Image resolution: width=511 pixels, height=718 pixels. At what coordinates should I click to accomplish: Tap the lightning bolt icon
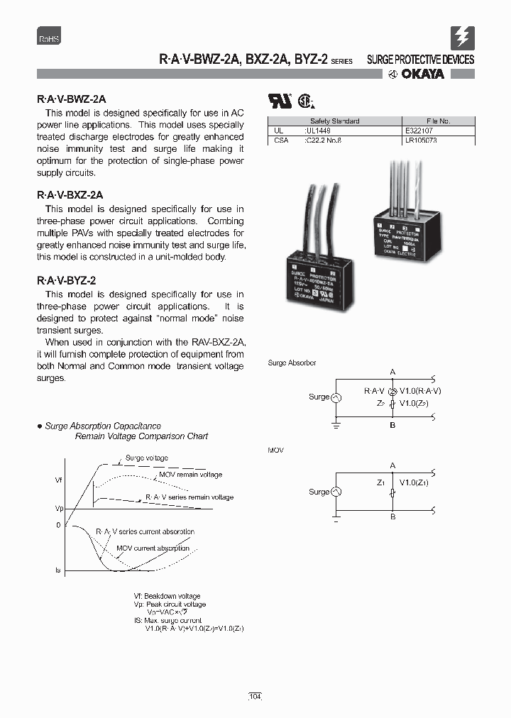[x=462, y=37]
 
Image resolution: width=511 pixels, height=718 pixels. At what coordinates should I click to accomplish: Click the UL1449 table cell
[x=317, y=131]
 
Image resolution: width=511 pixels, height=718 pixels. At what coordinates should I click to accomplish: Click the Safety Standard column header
[x=334, y=121]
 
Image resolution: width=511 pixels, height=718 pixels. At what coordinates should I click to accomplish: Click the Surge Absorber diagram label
[x=292, y=363]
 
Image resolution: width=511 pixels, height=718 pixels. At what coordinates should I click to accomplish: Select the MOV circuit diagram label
[x=275, y=451]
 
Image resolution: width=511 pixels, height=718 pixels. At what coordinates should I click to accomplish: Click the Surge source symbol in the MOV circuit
[x=336, y=492]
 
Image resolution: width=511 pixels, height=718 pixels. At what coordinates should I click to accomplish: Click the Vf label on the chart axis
[x=59, y=480]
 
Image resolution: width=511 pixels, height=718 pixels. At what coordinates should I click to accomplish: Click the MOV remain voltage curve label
[x=190, y=475]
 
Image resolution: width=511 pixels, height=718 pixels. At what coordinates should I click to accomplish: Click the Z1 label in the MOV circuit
[x=381, y=482]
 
